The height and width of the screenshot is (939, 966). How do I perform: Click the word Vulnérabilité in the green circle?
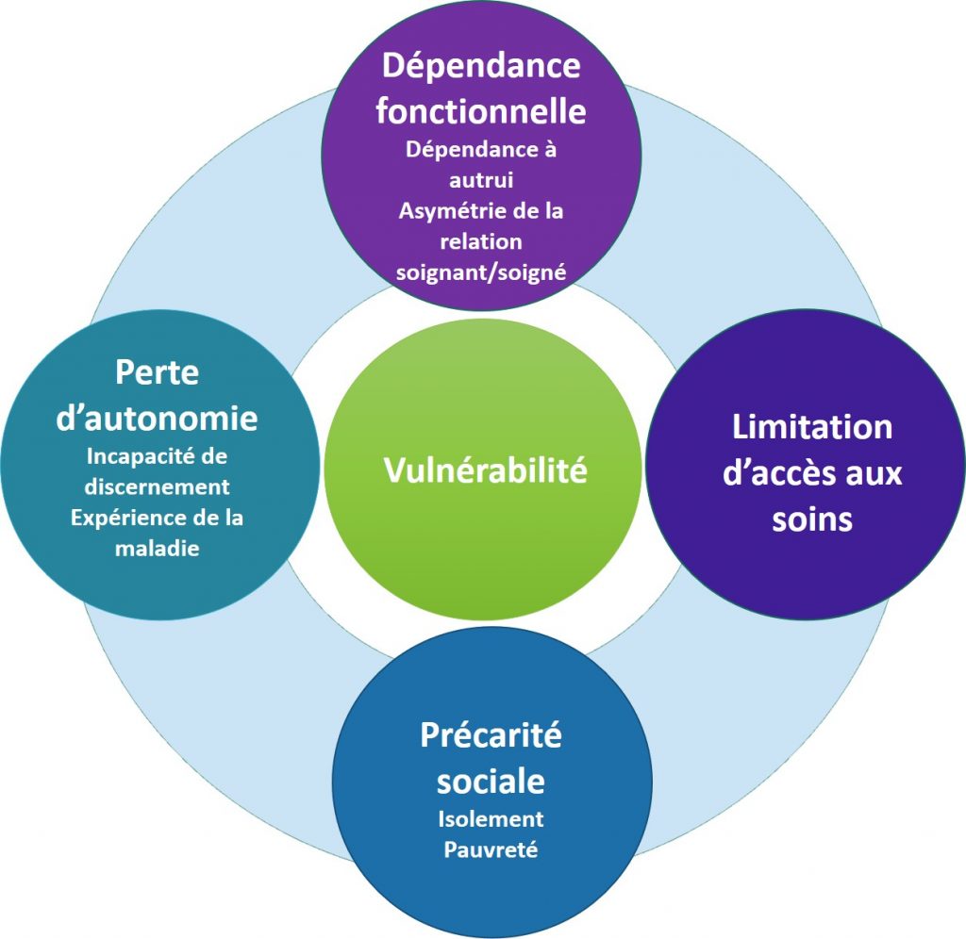(x=485, y=469)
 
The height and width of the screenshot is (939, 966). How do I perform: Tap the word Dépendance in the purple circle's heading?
(x=480, y=66)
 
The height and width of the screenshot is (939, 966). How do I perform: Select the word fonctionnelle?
(x=481, y=111)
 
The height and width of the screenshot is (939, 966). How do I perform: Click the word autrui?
(x=481, y=179)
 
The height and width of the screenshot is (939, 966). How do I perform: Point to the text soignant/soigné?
(x=481, y=272)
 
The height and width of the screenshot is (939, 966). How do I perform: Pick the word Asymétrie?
(x=445, y=210)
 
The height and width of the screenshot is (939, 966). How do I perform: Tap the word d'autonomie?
(x=158, y=417)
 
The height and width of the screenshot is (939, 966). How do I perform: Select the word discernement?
(x=158, y=486)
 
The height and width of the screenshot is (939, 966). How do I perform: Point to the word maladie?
(x=158, y=548)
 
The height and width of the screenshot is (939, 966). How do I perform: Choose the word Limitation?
(x=812, y=426)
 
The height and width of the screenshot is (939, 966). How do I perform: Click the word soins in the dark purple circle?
(x=812, y=519)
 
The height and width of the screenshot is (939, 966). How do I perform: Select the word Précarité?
(x=491, y=734)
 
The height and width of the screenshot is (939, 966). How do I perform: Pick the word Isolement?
(x=491, y=818)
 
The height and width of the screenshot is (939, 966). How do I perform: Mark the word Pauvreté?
(x=491, y=849)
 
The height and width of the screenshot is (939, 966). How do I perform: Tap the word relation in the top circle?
(x=481, y=241)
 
